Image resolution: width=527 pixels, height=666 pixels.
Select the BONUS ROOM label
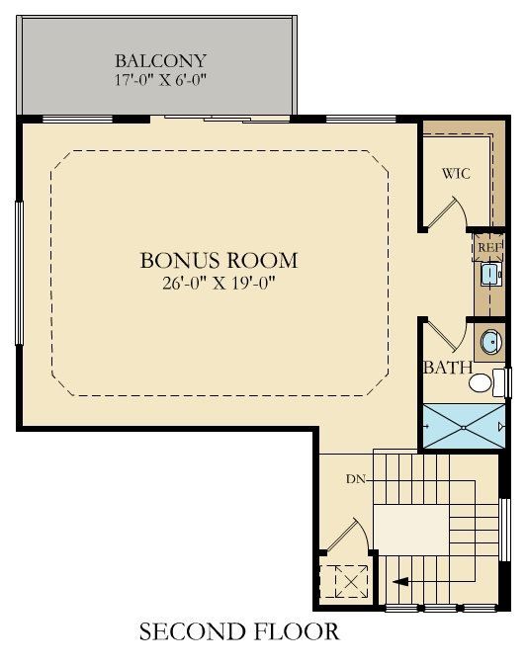(x=219, y=261)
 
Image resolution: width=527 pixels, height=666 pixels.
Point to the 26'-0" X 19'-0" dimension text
(x=219, y=283)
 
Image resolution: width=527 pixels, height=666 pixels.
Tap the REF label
(x=489, y=246)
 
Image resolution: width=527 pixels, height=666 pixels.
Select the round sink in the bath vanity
(x=489, y=343)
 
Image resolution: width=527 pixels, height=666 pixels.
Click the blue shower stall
(x=463, y=425)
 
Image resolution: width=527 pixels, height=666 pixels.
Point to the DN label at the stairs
(x=358, y=479)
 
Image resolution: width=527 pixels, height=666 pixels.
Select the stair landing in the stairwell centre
(x=410, y=533)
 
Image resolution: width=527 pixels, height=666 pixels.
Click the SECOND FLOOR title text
(x=239, y=631)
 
